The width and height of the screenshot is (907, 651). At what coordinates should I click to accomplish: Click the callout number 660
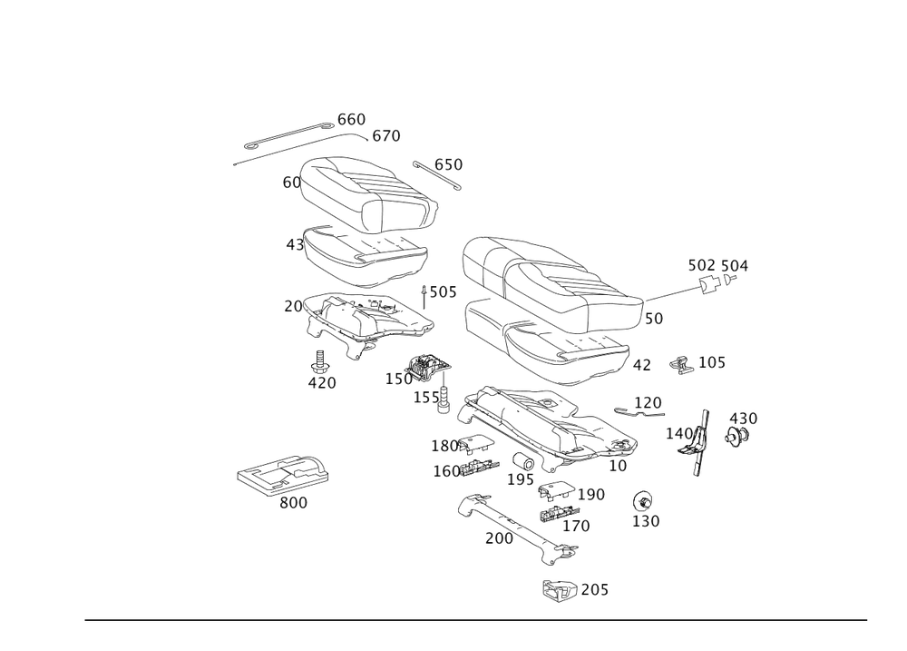pos(351,120)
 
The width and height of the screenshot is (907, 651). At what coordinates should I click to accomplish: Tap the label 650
pos(448,164)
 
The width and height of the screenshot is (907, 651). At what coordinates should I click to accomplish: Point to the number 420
pos(321,383)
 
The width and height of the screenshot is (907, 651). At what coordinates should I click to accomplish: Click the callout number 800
pos(293,503)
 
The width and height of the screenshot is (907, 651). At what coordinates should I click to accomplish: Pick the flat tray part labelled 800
pos(281,474)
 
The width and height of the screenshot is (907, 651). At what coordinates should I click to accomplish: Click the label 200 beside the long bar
pos(499,539)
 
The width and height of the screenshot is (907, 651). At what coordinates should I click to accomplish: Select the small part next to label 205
pos(556,589)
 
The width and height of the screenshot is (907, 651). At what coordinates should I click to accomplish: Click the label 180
pos(445,447)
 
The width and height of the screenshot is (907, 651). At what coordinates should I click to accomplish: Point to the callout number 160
pos(447,470)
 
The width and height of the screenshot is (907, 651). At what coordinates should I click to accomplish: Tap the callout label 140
pos(680,433)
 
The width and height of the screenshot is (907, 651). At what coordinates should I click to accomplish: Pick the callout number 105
pos(712,363)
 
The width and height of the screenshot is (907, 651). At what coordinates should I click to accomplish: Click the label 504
pos(735,265)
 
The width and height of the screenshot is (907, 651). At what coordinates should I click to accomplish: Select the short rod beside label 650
pos(437,176)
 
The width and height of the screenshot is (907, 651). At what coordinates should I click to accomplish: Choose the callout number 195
pos(522,478)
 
